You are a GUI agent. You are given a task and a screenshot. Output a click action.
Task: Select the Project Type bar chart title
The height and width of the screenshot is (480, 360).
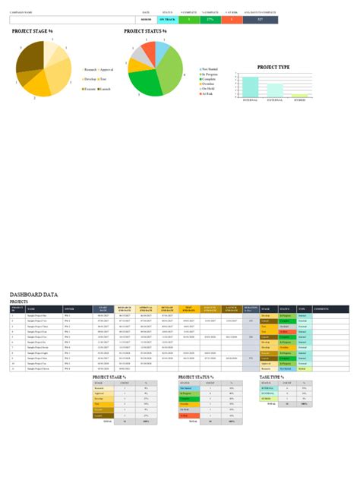pyautogui.click(x=273, y=68)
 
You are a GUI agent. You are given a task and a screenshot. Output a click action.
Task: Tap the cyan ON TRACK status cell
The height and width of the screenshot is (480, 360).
pyautogui.click(x=167, y=19)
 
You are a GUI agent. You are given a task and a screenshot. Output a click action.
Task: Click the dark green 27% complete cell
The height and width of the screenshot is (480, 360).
pyautogui.click(x=209, y=19)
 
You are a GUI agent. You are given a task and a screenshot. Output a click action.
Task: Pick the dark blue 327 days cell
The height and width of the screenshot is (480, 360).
pyautogui.click(x=261, y=19)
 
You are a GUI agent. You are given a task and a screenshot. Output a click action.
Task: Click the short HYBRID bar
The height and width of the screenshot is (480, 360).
pyautogui.click(x=300, y=96)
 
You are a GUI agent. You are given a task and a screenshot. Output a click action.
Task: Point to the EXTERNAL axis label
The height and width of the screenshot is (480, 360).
pyautogui.click(x=275, y=99)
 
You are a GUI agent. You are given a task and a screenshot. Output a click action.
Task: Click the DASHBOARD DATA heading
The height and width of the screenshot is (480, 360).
pyautogui.click(x=34, y=294)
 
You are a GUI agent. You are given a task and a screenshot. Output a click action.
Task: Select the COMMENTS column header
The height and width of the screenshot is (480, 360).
pyautogui.click(x=321, y=308)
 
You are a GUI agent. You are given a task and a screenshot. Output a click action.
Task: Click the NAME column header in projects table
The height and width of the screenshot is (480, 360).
pyautogui.click(x=31, y=308)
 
